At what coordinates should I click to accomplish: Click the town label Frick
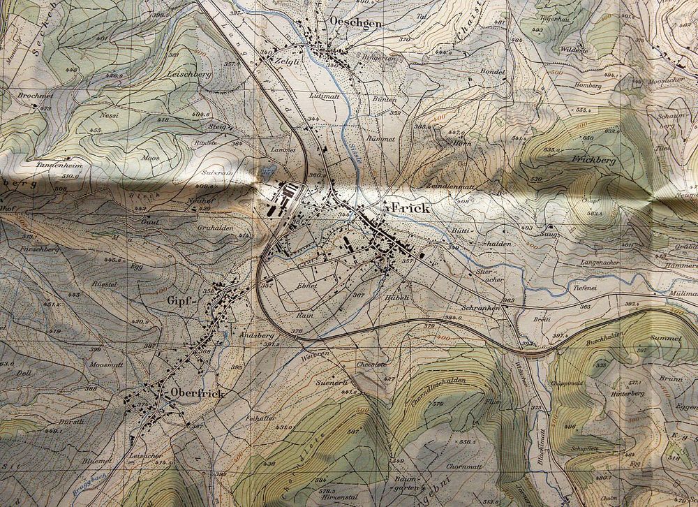(x=410, y=208)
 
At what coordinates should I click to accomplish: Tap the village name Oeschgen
(x=339, y=22)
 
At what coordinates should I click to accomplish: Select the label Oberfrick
(x=197, y=393)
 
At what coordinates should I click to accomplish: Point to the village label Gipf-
(x=179, y=302)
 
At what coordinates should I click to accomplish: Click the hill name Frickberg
(x=595, y=160)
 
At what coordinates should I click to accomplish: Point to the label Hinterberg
(x=628, y=394)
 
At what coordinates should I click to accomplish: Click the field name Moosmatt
(x=106, y=365)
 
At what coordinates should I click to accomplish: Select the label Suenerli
(x=331, y=383)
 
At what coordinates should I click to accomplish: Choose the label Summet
(x=665, y=338)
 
